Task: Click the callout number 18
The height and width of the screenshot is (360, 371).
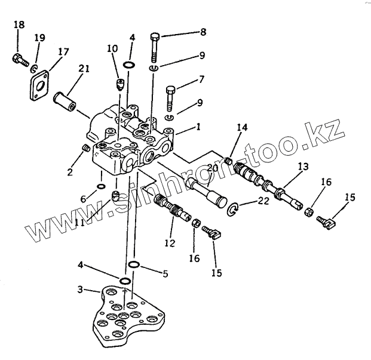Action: [x=19, y=24]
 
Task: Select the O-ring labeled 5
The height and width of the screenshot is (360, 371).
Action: [x=134, y=264]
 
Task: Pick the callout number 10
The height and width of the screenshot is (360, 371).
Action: [x=112, y=48]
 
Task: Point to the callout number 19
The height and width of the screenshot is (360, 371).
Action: [x=39, y=38]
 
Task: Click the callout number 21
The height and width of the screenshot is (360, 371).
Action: [x=84, y=69]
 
